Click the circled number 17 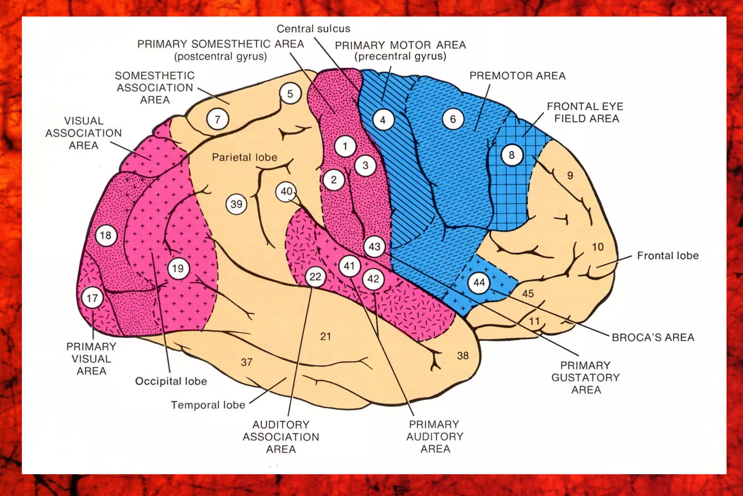92,298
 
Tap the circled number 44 479,282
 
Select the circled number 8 512,155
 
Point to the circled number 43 374,247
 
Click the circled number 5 290,94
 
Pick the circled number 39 236,204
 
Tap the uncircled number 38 463,355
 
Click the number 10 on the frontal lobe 598,247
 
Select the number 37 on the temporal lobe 246,362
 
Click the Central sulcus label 313,29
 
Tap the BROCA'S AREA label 653,337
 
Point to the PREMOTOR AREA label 517,76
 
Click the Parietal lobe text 244,157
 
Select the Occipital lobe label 171,381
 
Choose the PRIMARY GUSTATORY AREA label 585,377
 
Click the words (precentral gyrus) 400,56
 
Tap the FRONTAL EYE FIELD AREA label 585,113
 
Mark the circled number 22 315,277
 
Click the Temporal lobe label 208,405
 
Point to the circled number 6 452,119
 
